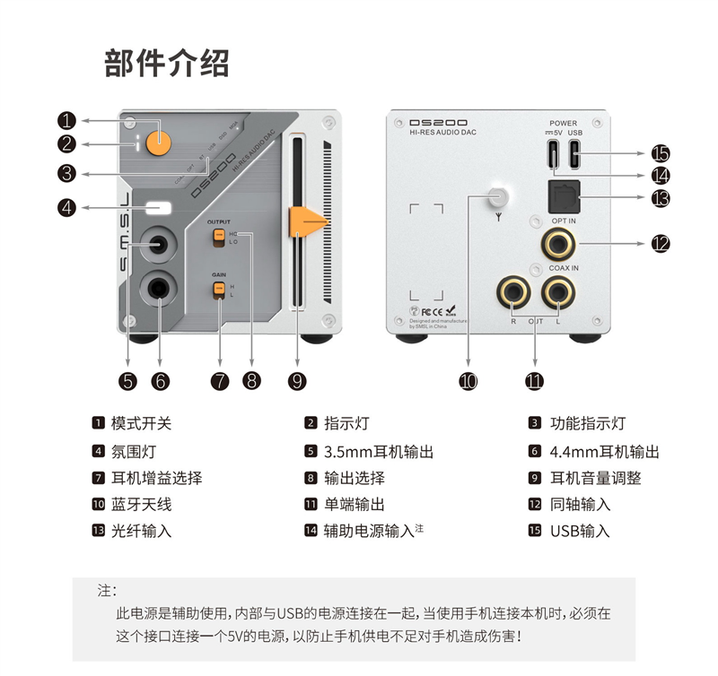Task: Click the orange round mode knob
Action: click(161, 140)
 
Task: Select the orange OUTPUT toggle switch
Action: click(218, 237)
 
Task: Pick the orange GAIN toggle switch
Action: click(218, 289)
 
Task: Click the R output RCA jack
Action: click(514, 291)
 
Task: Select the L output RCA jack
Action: click(558, 291)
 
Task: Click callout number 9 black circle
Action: click(298, 380)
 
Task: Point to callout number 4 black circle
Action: click(68, 207)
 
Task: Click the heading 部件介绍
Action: click(166, 64)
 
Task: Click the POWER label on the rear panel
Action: click(564, 123)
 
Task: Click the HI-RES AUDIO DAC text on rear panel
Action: click(442, 133)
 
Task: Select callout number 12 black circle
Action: click(661, 242)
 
